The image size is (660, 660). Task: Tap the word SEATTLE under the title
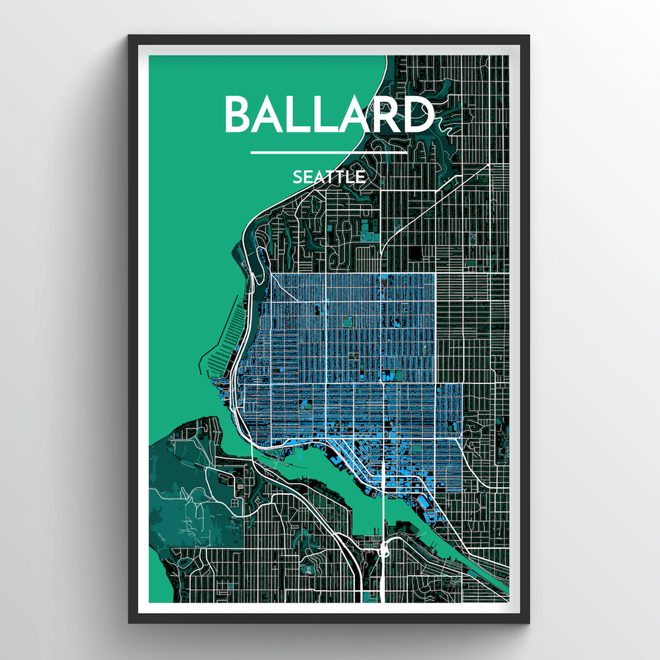pos(329,177)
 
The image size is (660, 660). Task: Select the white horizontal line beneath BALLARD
pos(329,152)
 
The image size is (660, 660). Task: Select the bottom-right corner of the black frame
pos(529,622)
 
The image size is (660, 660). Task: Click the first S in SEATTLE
pos(298,177)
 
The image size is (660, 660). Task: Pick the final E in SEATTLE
pos(360,177)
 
